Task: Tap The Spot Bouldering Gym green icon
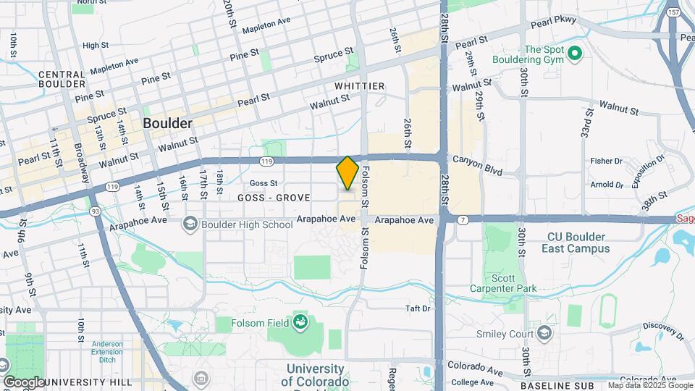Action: pyautogui.click(x=575, y=53)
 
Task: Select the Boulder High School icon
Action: pyautogui.click(x=190, y=224)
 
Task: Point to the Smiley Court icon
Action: pyautogui.click(x=545, y=334)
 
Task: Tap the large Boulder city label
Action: pyautogui.click(x=168, y=123)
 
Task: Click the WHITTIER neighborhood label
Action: pyautogui.click(x=359, y=86)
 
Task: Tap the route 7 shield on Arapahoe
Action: pyautogui.click(x=462, y=219)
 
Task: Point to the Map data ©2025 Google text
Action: pyautogui.click(x=649, y=385)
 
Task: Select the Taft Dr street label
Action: pyautogui.click(x=418, y=308)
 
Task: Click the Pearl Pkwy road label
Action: pyautogui.click(x=554, y=22)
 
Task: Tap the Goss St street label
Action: pyautogui.click(x=264, y=183)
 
